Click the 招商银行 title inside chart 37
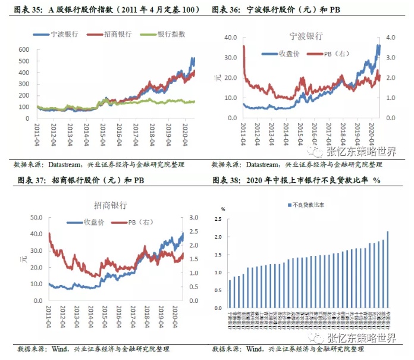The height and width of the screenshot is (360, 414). point(110,205)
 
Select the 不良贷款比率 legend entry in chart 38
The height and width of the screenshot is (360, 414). point(305,205)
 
